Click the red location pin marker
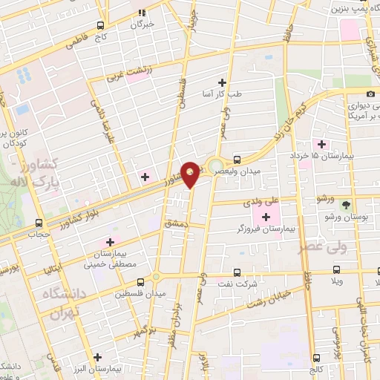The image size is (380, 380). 191,174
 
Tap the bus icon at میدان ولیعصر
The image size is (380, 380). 237,159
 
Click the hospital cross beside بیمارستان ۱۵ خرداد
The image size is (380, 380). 321,143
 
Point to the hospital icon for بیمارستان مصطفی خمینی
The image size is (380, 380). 111,241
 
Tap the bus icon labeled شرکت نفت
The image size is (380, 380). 237,272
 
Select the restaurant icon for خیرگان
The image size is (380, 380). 142,12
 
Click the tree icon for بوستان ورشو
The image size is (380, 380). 346,204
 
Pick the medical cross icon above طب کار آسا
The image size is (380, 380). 221,82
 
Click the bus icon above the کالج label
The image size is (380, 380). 315,356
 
